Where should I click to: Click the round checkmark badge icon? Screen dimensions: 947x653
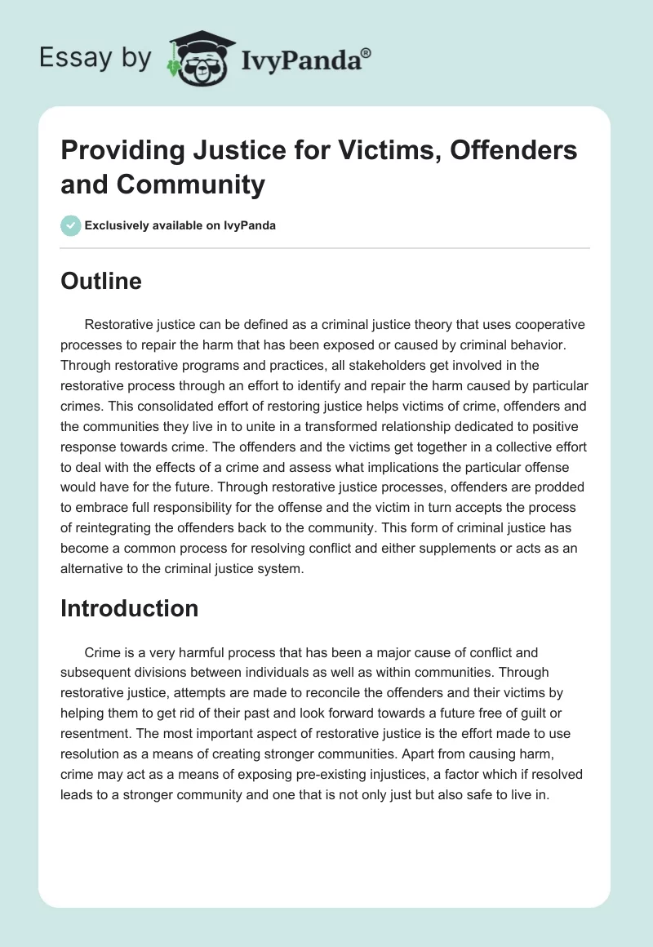click(x=72, y=225)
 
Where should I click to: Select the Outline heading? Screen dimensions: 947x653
click(x=101, y=281)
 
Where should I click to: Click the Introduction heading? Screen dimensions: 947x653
click(x=129, y=608)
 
